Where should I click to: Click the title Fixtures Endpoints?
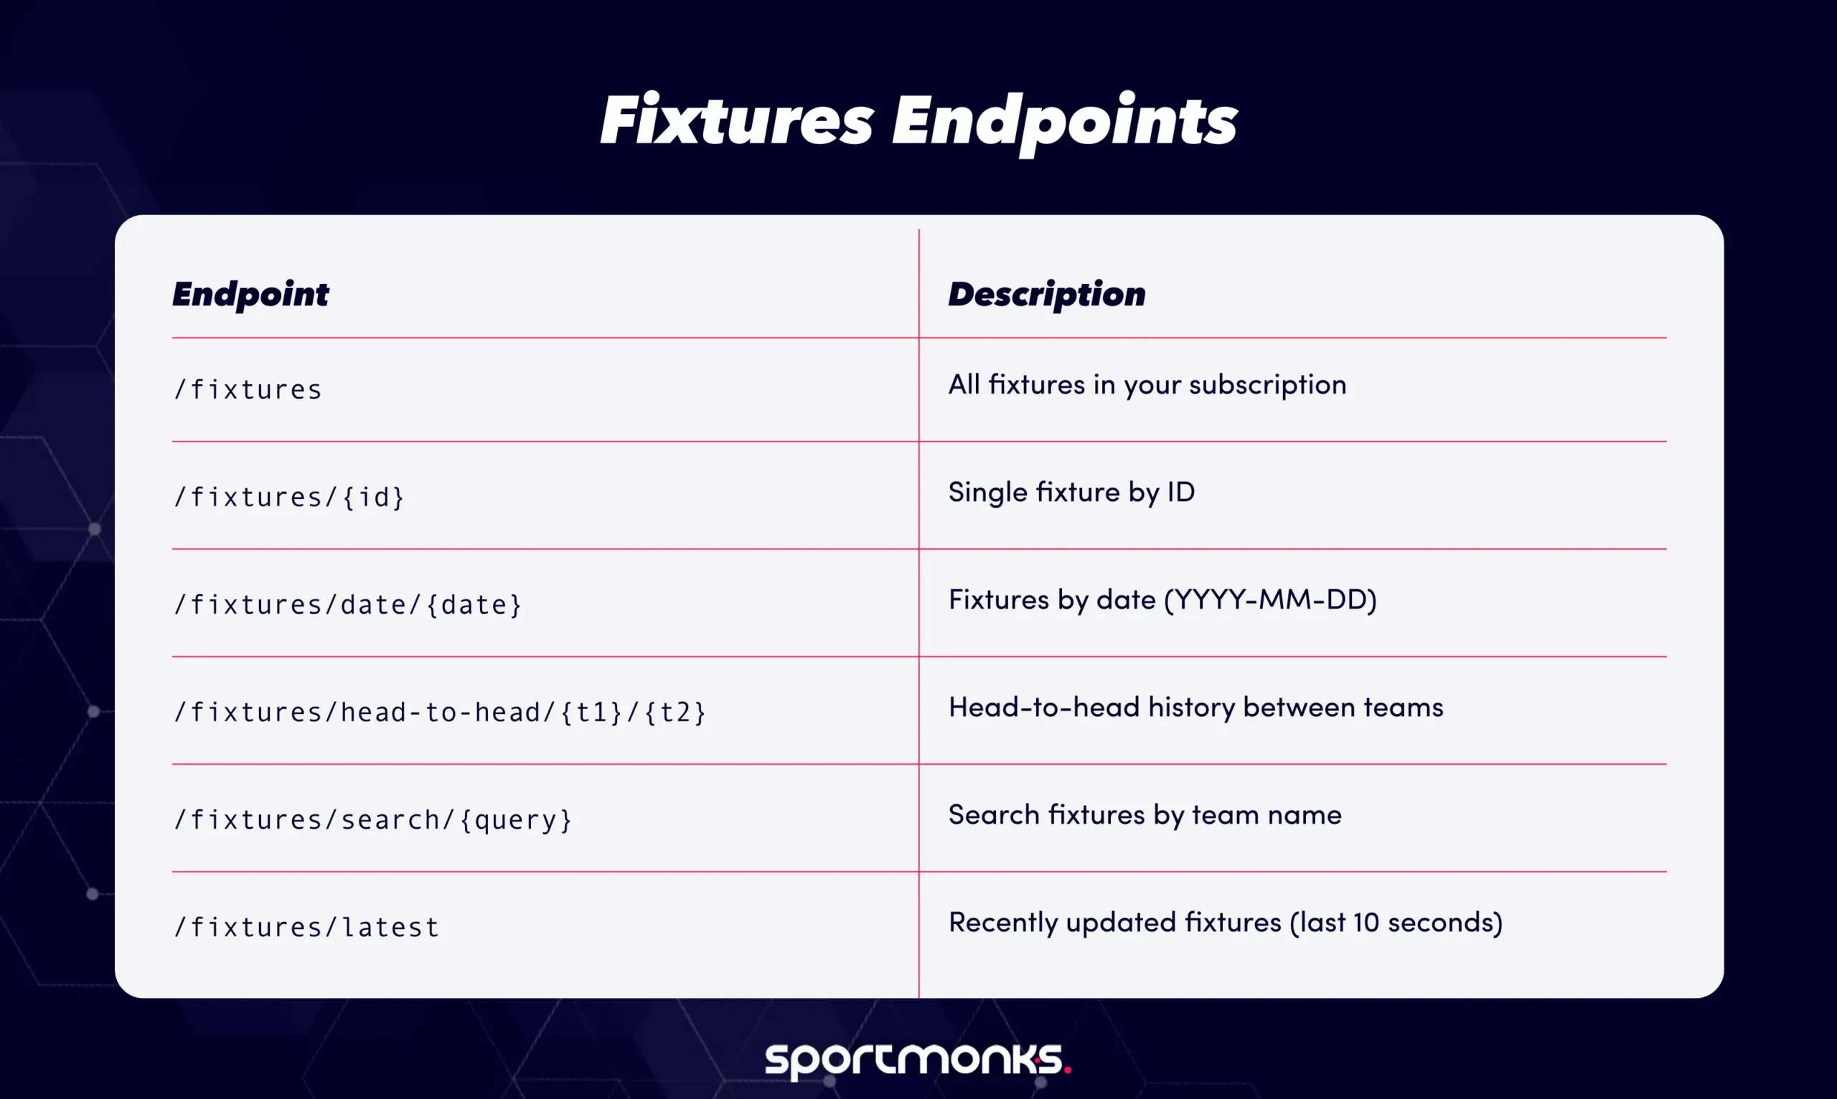[918, 120]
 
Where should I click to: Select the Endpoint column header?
[250, 294]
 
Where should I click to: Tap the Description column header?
[1046, 294]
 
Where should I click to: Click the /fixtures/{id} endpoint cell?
[289, 497]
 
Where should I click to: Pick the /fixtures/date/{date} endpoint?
[347, 604]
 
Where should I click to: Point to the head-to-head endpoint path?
[439, 712]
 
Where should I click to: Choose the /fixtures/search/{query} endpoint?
[372, 819]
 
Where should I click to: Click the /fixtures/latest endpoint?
[306, 926]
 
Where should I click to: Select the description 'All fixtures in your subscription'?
[1147, 385]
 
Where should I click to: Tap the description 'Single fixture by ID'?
[1071, 493]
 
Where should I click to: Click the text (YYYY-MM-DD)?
[1270, 599]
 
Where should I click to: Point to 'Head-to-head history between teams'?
[1195, 708]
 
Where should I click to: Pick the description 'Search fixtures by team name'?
[1144, 814]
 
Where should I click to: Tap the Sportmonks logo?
[917, 1060]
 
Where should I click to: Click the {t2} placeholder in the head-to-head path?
[675, 712]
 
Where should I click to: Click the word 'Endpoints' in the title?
[1064, 120]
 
